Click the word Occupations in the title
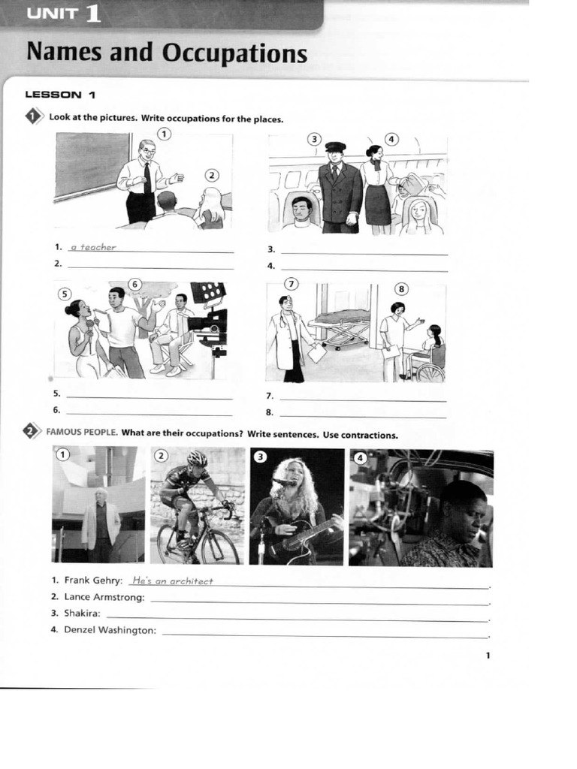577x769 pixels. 234,53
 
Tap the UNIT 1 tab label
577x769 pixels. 65,13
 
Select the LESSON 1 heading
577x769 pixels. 60,95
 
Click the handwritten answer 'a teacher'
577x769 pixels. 93,247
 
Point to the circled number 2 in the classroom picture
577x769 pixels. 211,176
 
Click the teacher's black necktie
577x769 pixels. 147,177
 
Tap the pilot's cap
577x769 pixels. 336,146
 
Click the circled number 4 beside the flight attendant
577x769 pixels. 391,139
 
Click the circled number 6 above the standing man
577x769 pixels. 135,285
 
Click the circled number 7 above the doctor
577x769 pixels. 292,284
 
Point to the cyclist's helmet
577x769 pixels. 198,458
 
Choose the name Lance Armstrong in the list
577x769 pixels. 104,597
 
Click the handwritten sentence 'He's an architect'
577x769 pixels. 173,581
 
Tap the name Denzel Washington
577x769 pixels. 110,630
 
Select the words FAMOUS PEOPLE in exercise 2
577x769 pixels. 82,432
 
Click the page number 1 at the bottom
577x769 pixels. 488,656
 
